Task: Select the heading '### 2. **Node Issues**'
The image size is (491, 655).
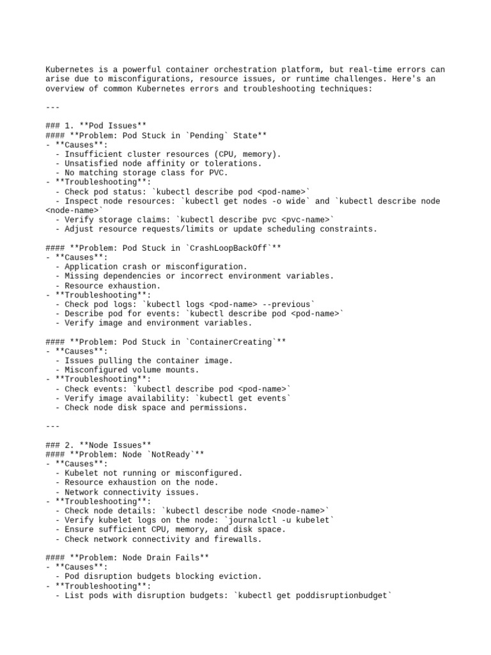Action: pos(98,445)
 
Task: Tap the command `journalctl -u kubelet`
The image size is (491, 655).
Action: pos(278,520)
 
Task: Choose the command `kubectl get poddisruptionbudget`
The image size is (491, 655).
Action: pos(313,596)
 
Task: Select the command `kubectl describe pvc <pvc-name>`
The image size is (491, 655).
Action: pos(254,219)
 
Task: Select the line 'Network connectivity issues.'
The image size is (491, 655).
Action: pos(131,492)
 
